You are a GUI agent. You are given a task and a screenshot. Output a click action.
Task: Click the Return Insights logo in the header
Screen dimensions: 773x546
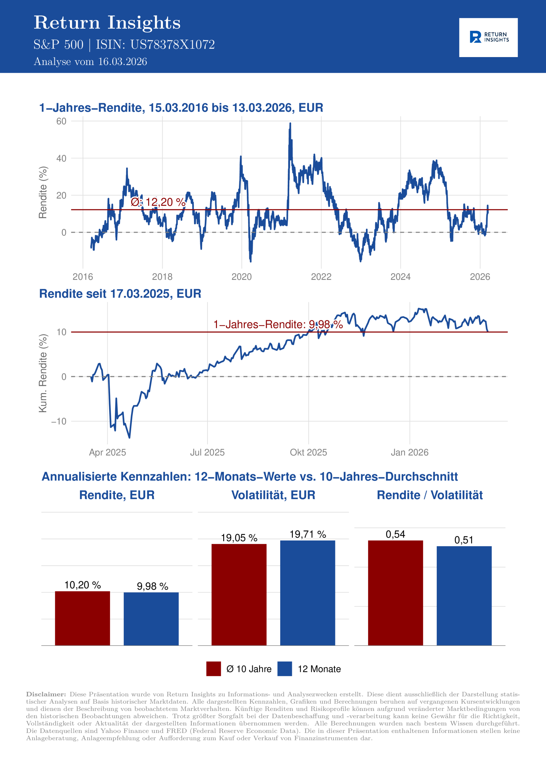[x=488, y=37]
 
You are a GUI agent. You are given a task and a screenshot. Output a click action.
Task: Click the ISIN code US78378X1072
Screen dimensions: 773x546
[x=172, y=45]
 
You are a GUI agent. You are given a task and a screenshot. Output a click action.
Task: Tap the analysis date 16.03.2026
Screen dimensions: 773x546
[x=122, y=62]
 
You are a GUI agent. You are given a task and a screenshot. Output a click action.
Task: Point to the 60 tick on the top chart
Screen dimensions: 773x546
[x=61, y=121]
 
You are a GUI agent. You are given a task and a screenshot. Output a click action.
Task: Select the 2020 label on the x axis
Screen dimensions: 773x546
[x=242, y=277]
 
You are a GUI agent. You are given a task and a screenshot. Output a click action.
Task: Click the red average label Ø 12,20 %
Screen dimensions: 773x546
[x=158, y=202]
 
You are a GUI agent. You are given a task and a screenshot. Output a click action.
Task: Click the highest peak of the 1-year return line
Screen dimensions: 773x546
[x=290, y=123]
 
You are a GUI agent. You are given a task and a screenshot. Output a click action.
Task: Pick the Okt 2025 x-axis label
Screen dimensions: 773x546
[x=308, y=452]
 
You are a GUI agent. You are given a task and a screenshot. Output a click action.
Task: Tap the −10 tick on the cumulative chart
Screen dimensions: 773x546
[x=59, y=421]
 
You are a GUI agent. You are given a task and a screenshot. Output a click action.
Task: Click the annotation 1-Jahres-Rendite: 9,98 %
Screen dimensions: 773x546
[x=278, y=324]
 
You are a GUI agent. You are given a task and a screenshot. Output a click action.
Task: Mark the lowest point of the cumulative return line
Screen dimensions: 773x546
[x=129, y=437]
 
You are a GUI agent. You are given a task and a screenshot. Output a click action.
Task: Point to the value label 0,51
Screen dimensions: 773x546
[x=464, y=540]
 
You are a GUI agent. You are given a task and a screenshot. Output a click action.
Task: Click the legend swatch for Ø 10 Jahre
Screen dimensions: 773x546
[x=213, y=669]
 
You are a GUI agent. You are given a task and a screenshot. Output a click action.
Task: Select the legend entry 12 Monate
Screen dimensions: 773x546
[x=319, y=669]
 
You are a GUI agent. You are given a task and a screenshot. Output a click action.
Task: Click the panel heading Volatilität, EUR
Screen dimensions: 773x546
[x=273, y=495]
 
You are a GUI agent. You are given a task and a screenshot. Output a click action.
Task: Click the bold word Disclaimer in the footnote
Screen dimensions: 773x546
[x=46, y=694]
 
